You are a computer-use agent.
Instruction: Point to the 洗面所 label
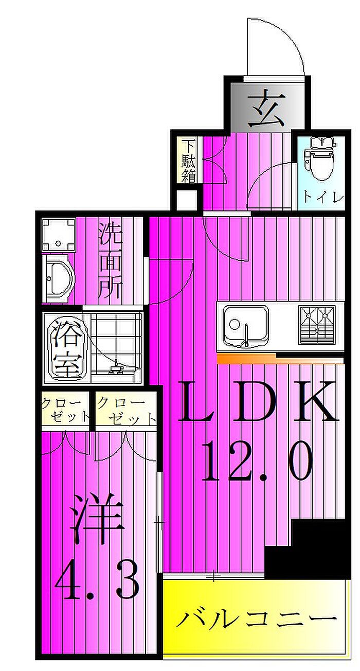(111, 261)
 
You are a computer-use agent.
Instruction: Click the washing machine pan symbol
(59, 235)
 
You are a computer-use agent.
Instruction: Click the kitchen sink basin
(246, 326)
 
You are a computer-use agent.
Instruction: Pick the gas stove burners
(317, 325)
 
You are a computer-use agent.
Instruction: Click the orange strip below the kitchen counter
(280, 358)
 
